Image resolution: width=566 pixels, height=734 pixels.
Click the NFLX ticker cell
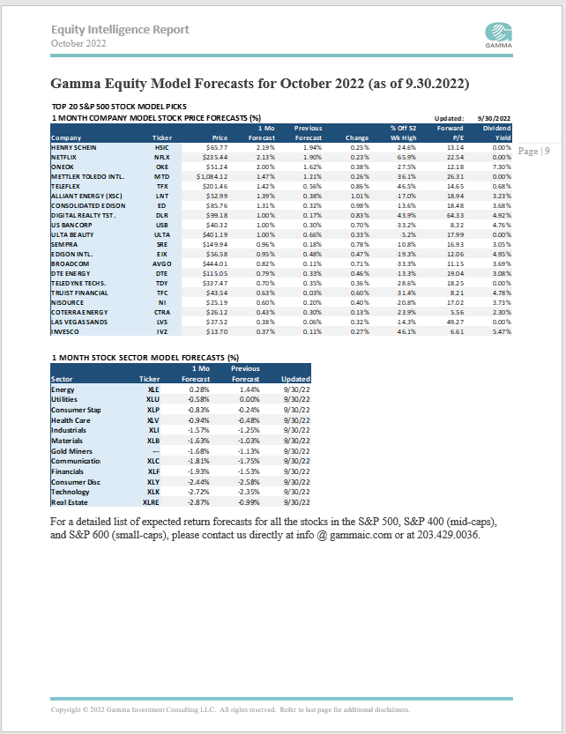click(x=161, y=157)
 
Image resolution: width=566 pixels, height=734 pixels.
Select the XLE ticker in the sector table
click(x=153, y=389)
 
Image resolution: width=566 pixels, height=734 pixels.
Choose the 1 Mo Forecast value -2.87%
click(x=198, y=503)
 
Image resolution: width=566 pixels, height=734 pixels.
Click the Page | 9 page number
click(x=533, y=151)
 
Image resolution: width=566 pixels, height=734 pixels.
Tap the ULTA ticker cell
click(x=161, y=234)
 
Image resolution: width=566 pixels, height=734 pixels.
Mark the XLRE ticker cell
click(x=153, y=503)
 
